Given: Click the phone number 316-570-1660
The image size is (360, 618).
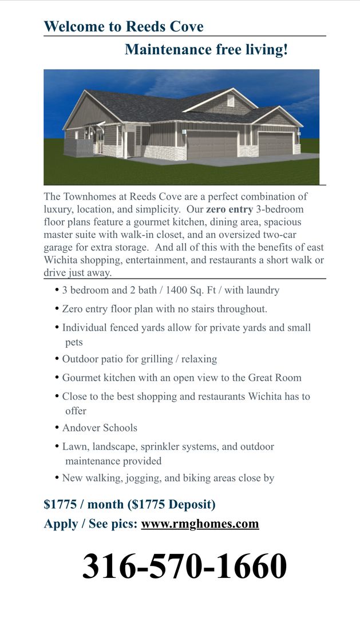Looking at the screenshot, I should pyautogui.click(x=184, y=566).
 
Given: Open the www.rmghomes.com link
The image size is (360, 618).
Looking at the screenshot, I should pyautogui.click(x=200, y=524).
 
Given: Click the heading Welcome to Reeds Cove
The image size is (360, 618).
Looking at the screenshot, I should pyautogui.click(x=124, y=26).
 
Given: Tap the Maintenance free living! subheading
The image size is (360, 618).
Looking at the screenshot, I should pyautogui.click(x=206, y=50).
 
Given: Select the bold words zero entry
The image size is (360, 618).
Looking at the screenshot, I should pyautogui.click(x=228, y=209).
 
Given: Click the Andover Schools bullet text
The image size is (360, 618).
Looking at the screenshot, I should pyautogui.click(x=100, y=428).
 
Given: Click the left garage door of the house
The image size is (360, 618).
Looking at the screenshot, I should pyautogui.click(x=212, y=145).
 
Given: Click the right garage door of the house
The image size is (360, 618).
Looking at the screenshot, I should pyautogui.click(x=275, y=143).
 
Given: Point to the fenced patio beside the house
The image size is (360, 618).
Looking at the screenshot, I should pyautogui.click(x=77, y=146).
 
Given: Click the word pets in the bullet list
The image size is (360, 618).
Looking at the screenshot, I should pyautogui.click(x=74, y=342).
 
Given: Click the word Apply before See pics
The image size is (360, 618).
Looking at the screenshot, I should pyautogui.click(x=60, y=524).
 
